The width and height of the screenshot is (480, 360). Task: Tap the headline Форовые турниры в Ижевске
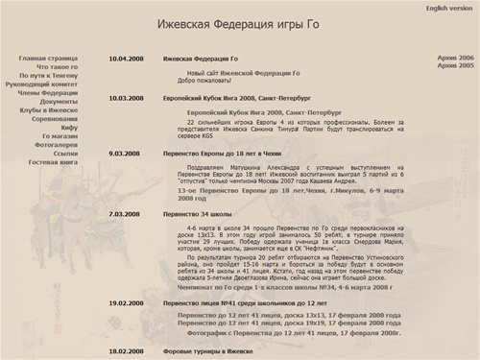214,353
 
